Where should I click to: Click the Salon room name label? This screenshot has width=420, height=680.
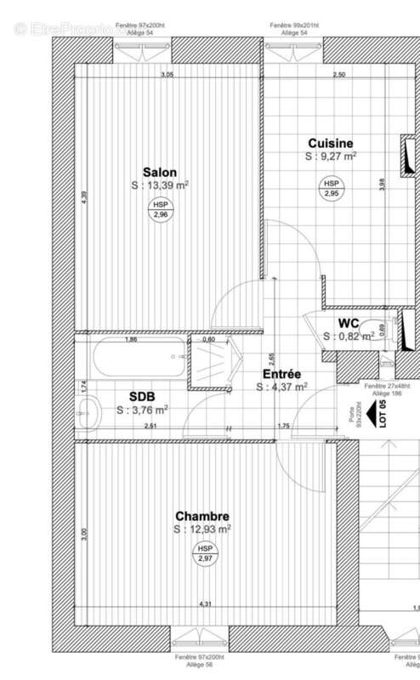point(160,173)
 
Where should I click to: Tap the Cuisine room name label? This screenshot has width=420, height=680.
point(330,144)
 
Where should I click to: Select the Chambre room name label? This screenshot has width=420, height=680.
point(201,516)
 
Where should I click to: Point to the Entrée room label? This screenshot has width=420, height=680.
point(281,374)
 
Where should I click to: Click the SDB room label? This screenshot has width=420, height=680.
point(142,396)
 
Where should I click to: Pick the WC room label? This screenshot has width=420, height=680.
point(348,323)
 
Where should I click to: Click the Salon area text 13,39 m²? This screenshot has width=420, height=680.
point(160,185)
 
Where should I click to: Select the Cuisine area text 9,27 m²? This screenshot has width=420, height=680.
point(330,156)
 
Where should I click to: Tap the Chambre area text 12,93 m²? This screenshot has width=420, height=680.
point(201,529)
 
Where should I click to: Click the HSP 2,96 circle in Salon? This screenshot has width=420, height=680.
point(160,210)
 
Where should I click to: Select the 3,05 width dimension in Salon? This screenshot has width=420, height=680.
point(167,76)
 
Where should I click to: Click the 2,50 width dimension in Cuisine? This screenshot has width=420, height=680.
point(338,76)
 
